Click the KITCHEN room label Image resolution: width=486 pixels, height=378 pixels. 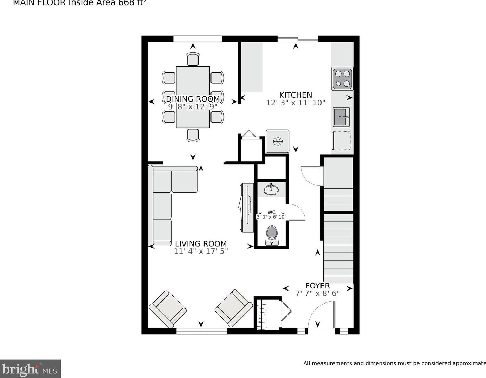[296, 95]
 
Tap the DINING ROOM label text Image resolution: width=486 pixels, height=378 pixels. [193, 99]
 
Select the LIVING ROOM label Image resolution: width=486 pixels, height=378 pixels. [201, 243]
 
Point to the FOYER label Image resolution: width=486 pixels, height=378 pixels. [317, 286]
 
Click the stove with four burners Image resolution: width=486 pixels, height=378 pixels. [342, 79]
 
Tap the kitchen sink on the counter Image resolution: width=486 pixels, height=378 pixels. [341, 117]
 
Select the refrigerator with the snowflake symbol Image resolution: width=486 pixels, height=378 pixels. [278, 141]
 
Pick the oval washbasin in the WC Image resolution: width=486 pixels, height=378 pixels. [271, 190]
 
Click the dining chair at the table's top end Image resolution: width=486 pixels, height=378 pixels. [193, 59]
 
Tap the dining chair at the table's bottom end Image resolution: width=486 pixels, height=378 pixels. [193, 135]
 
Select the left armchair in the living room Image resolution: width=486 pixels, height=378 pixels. [168, 308]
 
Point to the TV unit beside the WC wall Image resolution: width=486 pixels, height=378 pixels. [247, 207]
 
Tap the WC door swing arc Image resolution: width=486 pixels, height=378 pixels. [296, 213]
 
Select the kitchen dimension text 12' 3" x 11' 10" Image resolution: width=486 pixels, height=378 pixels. [296, 103]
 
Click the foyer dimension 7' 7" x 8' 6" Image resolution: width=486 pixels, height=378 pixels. [317, 293]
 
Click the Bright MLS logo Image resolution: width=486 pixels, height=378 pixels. [30, 369]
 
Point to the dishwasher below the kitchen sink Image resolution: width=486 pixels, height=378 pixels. [341, 141]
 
